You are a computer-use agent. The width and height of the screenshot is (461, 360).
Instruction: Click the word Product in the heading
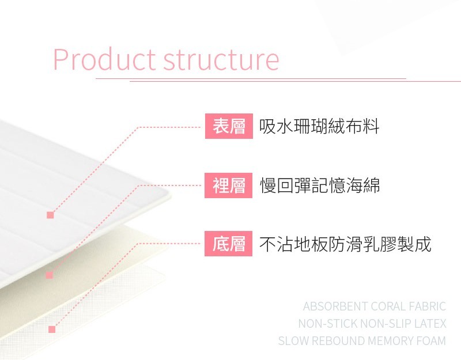point(104,60)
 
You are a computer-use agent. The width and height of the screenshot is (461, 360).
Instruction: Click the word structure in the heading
point(221,60)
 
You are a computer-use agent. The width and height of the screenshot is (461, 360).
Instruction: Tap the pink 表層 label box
point(229,126)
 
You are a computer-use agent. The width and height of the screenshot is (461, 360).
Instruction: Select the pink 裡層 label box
point(228,185)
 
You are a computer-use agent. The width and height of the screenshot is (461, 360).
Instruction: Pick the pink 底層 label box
point(228,244)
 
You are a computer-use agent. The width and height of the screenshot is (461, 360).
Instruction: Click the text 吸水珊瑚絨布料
point(319,126)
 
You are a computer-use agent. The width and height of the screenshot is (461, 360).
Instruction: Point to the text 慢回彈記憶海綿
point(320,185)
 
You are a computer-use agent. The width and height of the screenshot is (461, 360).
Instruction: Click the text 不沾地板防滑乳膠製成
point(345,244)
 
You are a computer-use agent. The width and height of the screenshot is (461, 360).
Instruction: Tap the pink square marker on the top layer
point(50,215)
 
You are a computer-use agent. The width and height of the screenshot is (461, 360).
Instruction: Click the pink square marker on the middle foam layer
point(50,275)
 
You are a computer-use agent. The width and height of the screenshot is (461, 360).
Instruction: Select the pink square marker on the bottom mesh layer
point(52,329)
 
